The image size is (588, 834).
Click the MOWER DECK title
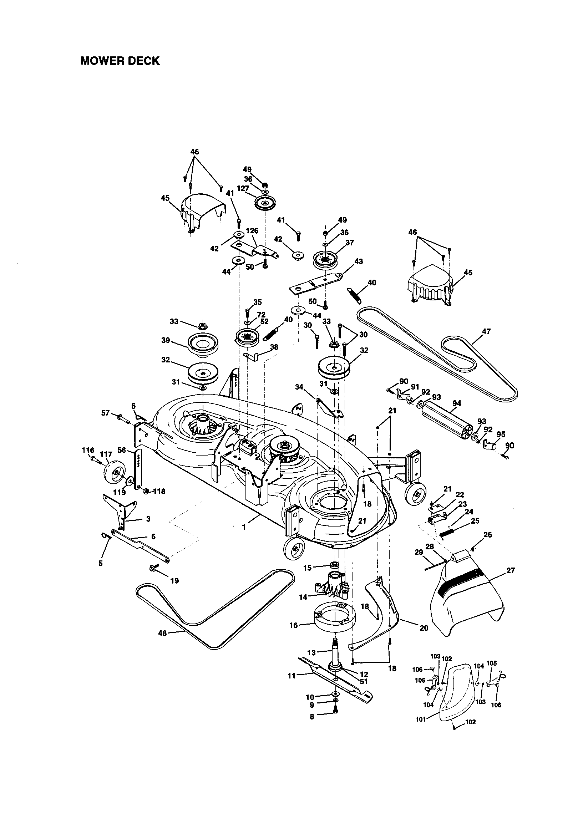[120, 61]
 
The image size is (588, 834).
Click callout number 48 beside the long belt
[162, 633]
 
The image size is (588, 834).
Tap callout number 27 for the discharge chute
[511, 571]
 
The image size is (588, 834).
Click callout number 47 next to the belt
[486, 331]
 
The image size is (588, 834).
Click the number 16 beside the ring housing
[293, 625]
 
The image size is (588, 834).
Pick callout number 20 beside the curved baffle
[424, 628]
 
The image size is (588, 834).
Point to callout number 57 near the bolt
[105, 413]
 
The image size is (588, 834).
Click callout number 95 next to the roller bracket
[501, 434]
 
